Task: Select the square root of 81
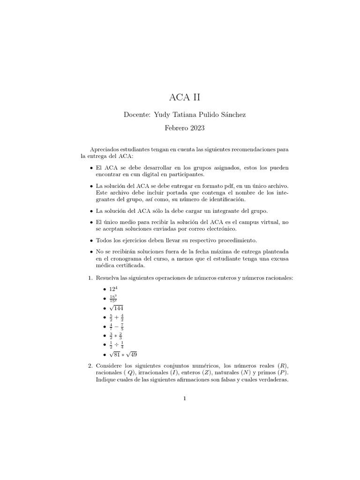click(104, 354)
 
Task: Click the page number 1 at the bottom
click(185, 399)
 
